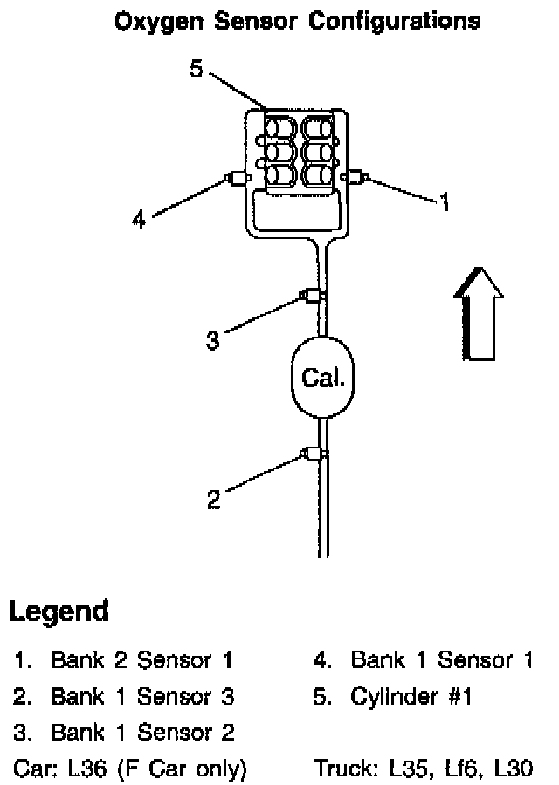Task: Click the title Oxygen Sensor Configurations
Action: (x=297, y=21)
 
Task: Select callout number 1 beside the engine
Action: (x=445, y=202)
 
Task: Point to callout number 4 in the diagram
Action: (x=139, y=220)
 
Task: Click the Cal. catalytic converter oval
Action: (x=322, y=378)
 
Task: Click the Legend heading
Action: (x=59, y=611)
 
